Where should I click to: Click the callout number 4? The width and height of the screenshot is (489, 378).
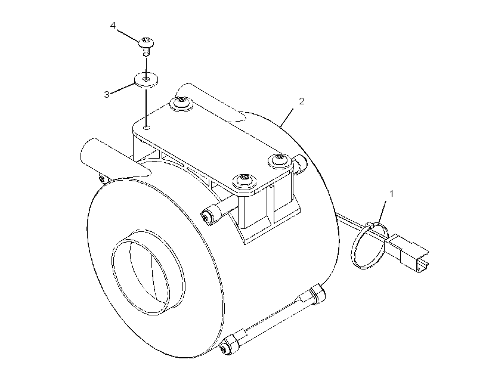(113, 26)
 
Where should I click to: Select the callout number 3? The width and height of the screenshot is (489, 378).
(107, 94)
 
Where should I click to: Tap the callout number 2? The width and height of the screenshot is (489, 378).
(301, 101)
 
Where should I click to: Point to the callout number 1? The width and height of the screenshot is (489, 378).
(392, 194)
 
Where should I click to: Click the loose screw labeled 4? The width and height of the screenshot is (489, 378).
(146, 45)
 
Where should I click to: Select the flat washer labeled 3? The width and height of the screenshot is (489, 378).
(146, 80)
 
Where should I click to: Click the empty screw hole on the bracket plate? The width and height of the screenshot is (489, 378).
(146, 127)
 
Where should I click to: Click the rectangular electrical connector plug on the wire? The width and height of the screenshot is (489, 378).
(409, 252)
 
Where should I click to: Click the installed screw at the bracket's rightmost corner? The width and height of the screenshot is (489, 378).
(280, 160)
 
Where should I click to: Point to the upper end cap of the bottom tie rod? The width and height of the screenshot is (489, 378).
(317, 293)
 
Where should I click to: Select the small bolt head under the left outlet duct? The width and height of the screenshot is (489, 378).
(103, 179)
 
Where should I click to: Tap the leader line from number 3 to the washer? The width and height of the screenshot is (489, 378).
(123, 88)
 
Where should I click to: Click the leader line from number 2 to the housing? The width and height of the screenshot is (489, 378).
(287, 117)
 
